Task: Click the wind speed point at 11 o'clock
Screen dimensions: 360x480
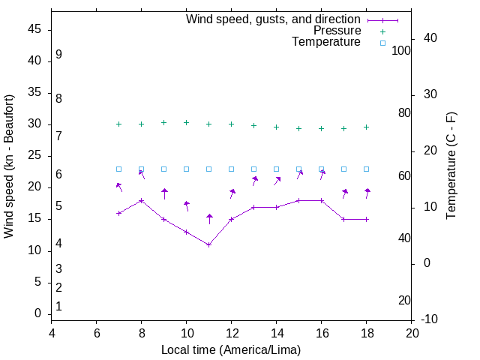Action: coord(209,244)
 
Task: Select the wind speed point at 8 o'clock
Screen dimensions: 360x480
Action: coord(141,200)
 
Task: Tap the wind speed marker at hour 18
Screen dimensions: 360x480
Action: coord(366,219)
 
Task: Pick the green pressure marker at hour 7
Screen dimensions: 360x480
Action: coord(118,124)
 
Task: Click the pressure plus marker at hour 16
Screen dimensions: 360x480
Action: coord(321,128)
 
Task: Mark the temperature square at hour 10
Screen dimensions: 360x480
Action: coord(186,169)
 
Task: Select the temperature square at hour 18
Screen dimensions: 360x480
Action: coord(366,169)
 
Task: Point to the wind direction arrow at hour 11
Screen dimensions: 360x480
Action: coord(209,219)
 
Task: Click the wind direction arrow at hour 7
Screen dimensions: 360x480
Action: coord(119,187)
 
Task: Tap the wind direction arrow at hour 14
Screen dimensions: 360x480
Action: coord(277,181)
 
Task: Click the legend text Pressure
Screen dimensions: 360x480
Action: coord(337,31)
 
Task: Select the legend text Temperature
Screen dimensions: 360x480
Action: coord(326,42)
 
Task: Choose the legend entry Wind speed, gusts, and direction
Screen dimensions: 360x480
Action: coord(273,19)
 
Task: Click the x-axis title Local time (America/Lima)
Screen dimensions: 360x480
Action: coord(231,350)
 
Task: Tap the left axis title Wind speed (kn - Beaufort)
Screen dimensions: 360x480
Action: coord(9,166)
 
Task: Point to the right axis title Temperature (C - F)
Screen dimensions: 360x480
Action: coord(451,166)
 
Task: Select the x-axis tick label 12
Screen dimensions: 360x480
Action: coord(231,333)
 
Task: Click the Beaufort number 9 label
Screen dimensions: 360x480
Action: coord(58,55)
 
